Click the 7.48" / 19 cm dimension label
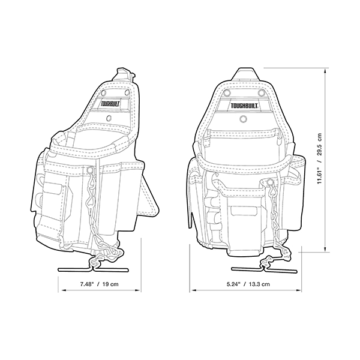[x=99, y=284]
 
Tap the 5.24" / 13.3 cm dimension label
[x=248, y=284]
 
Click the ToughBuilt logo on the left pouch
[x=110, y=104]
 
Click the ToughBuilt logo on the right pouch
[x=245, y=106]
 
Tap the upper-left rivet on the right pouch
[x=227, y=93]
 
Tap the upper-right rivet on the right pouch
[x=261, y=93]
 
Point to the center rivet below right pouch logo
[x=242, y=119]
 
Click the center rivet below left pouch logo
[x=109, y=118]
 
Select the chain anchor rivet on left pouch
[x=90, y=170]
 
